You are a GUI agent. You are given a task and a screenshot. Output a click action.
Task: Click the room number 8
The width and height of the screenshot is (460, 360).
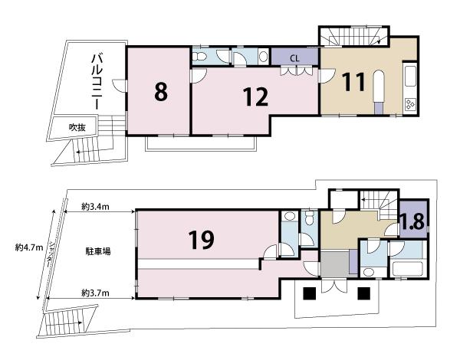click(161, 91)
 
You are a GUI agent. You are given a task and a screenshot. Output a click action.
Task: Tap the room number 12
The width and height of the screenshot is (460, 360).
click(255, 97)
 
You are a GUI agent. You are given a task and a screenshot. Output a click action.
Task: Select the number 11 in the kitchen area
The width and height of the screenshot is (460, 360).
click(354, 82)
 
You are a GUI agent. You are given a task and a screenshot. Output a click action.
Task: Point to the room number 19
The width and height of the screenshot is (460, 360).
click(201, 240)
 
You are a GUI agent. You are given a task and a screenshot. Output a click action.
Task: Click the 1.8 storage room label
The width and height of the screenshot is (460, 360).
click(413, 221)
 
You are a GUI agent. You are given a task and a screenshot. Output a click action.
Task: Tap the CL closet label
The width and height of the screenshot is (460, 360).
click(294, 58)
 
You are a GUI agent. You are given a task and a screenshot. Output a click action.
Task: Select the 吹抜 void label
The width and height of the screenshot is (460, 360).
click(77, 127)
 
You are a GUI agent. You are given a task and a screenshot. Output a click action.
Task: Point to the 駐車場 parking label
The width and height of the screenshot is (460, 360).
click(98, 251)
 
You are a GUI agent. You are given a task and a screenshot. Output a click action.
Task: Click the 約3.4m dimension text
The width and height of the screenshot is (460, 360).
click(95, 207)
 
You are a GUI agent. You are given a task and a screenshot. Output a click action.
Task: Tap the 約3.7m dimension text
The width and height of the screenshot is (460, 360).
click(95, 293)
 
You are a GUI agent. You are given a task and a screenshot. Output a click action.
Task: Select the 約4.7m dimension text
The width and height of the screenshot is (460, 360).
click(29, 247)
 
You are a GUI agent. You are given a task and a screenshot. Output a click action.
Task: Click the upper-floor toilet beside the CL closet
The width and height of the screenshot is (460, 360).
click(200, 56)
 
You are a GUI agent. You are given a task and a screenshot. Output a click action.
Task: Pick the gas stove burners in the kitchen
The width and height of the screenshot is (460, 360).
click(410, 104)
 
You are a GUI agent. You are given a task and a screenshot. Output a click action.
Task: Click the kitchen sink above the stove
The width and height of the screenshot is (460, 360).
click(410, 77)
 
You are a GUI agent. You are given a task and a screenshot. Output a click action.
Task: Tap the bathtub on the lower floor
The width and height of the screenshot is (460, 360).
click(408, 269)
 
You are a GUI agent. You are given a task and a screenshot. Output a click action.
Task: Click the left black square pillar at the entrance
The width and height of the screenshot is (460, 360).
click(309, 293)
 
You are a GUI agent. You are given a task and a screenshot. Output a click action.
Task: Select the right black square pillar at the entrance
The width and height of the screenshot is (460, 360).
click(363, 293)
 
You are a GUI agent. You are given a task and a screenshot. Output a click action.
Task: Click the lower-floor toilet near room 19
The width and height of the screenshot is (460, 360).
click(310, 216)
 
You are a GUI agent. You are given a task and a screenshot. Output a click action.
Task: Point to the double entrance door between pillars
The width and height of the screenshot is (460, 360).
click(334, 285)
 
